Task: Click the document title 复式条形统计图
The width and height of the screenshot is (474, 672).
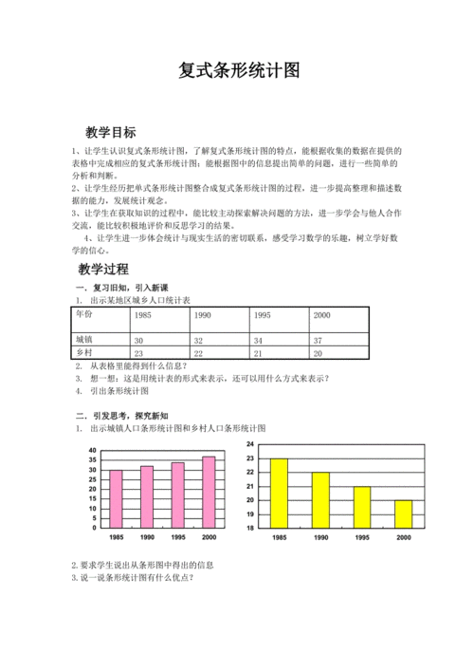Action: click(x=238, y=72)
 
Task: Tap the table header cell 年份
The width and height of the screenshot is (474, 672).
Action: click(x=84, y=313)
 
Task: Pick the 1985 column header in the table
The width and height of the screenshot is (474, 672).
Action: click(x=143, y=314)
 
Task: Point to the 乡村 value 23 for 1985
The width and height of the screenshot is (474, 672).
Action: click(x=139, y=353)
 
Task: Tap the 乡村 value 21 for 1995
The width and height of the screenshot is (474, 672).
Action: click(x=258, y=353)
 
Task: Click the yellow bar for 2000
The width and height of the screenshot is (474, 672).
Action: click(x=403, y=513)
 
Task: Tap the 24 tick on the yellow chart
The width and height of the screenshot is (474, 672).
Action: click(x=249, y=444)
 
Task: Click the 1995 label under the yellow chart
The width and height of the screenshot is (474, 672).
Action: click(x=362, y=537)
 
